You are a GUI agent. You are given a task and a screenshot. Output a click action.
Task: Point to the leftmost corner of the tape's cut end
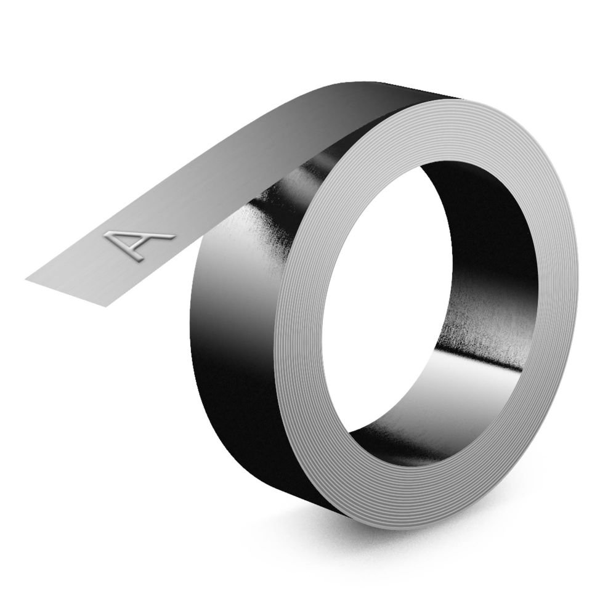coord(26,278)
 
